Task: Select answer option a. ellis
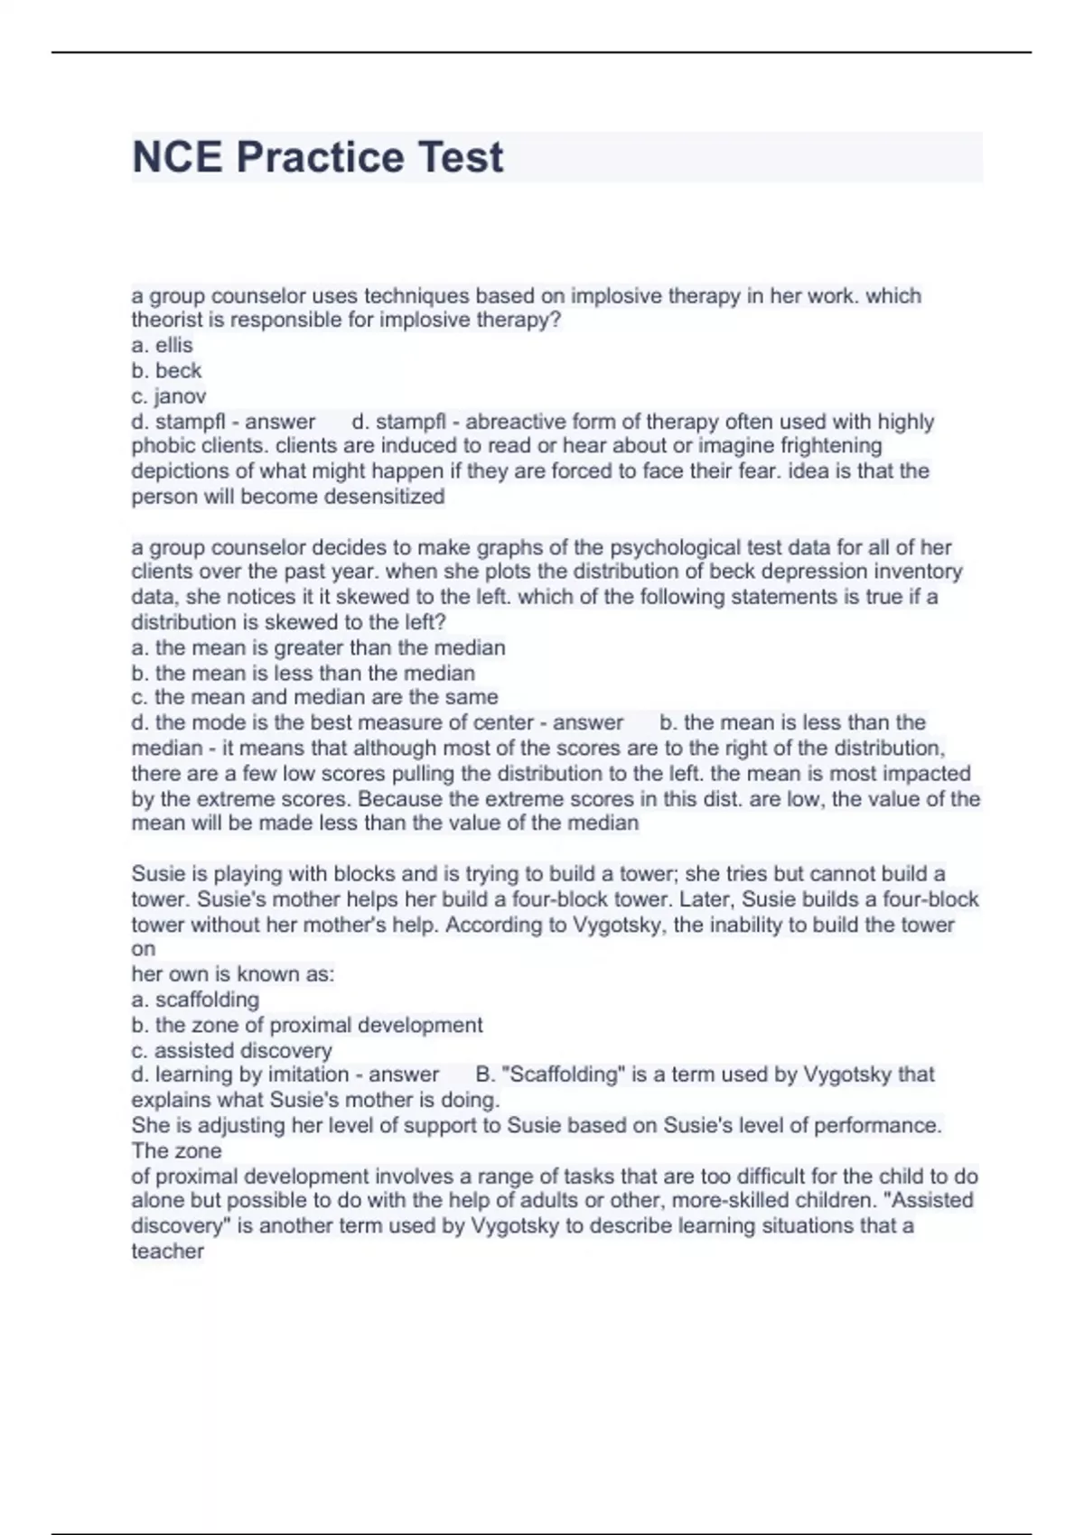[163, 345]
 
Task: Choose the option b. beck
[166, 370]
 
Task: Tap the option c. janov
[169, 395]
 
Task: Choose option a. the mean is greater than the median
[318, 647]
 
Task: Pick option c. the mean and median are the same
[314, 697]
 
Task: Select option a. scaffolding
[195, 1000]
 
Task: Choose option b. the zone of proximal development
[307, 1025]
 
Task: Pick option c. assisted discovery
[232, 1050]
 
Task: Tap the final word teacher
[167, 1251]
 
